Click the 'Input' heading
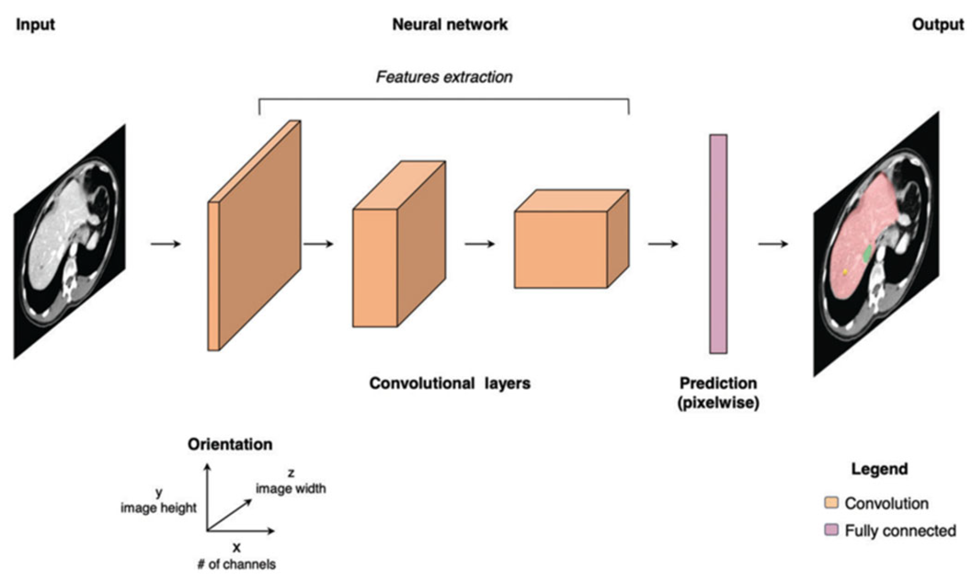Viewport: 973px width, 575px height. [x=35, y=24]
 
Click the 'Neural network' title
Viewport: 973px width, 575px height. [x=449, y=24]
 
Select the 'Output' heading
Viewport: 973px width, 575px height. [x=937, y=24]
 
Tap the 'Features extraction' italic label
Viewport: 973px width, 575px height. [x=444, y=77]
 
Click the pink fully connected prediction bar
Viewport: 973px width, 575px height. [x=718, y=244]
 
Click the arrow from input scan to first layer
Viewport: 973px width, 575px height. [x=166, y=244]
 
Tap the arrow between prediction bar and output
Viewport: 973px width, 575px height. [x=773, y=244]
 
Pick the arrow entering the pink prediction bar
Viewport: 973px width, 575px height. [x=663, y=244]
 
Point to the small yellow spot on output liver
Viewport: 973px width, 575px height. [x=845, y=272]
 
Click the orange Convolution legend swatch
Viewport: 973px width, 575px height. [x=831, y=502]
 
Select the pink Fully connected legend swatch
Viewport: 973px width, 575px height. [x=831, y=530]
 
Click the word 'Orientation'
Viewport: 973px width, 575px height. [x=230, y=444]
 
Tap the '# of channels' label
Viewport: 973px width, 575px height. [x=236, y=564]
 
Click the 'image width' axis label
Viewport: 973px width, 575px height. [x=291, y=488]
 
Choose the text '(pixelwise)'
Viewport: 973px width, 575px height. [x=718, y=403]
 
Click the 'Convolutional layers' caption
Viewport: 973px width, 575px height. [x=449, y=383]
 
